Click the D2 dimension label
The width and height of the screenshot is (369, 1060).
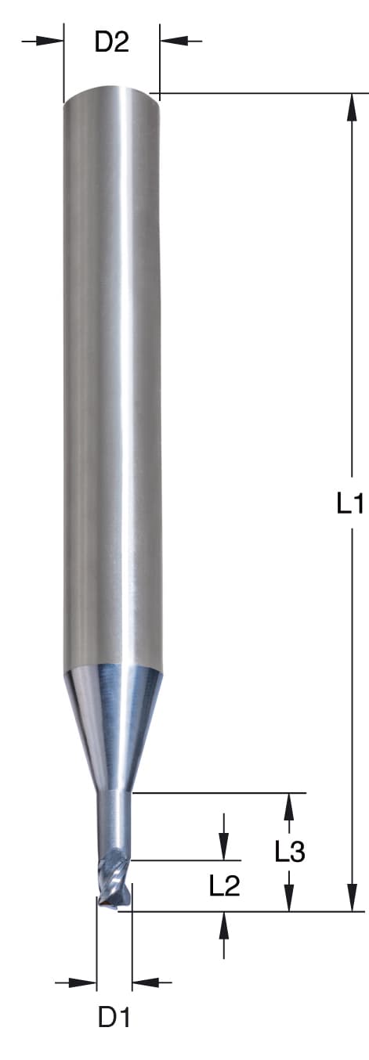(111, 41)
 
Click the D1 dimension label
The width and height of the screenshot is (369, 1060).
(114, 1017)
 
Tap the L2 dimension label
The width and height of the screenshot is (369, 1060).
(225, 885)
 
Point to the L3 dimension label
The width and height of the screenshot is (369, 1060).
(290, 852)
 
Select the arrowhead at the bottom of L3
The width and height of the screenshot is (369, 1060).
(289, 898)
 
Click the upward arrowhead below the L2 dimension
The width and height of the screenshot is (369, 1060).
(225, 925)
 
